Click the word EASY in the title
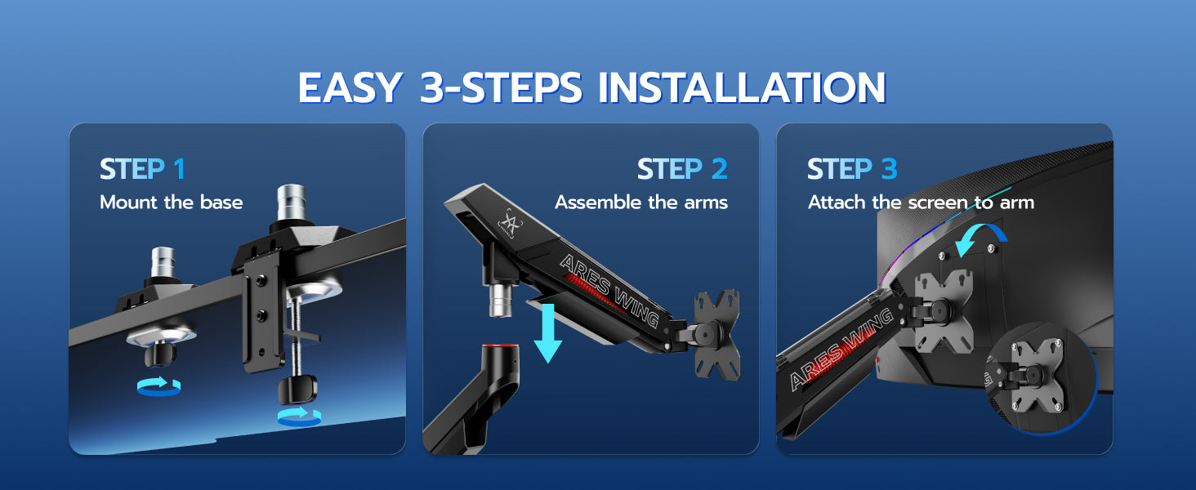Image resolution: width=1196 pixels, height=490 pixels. coord(350,87)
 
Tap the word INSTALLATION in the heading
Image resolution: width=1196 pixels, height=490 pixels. coord(742,87)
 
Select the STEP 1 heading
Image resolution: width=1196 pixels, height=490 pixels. coord(143,169)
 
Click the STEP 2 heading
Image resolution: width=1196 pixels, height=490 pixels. coord(682,169)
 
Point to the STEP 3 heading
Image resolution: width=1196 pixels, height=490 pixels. coord(852,169)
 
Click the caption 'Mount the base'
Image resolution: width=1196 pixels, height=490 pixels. coord(172,203)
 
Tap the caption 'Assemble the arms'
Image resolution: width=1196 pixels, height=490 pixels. coord(641,203)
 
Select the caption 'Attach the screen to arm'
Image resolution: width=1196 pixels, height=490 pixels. coord(921,203)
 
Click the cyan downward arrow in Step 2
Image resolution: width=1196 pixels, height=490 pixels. coord(548,333)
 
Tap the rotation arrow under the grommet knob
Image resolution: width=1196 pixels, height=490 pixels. coord(159,386)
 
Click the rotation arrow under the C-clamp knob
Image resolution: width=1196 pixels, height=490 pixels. coord(300,416)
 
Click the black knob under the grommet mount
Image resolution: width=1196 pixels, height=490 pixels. coord(160,354)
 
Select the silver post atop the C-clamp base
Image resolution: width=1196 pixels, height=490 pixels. coord(291,203)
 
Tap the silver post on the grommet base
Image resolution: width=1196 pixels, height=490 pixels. coord(163,262)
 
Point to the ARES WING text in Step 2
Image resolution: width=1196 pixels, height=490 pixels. coord(609,290)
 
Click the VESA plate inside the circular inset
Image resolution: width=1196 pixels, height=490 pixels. coord(1037,376)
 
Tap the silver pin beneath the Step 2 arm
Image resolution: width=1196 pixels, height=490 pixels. coord(501,301)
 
